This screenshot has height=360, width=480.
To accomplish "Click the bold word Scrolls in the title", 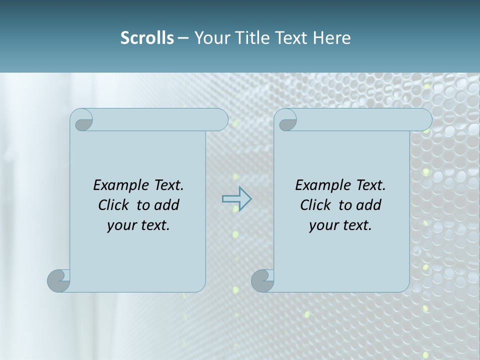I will click(147, 38).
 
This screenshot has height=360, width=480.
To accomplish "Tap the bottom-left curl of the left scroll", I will click(59, 280).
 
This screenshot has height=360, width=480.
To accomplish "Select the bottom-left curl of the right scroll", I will click(262, 280).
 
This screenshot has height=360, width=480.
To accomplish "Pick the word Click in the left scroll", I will click(115, 205).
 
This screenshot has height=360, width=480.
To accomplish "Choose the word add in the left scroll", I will click(166, 205).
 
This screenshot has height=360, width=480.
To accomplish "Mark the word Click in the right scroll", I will click(315, 205).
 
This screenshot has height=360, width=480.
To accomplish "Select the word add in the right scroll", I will click(368, 205).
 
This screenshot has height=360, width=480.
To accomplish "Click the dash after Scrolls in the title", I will click(183, 38).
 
